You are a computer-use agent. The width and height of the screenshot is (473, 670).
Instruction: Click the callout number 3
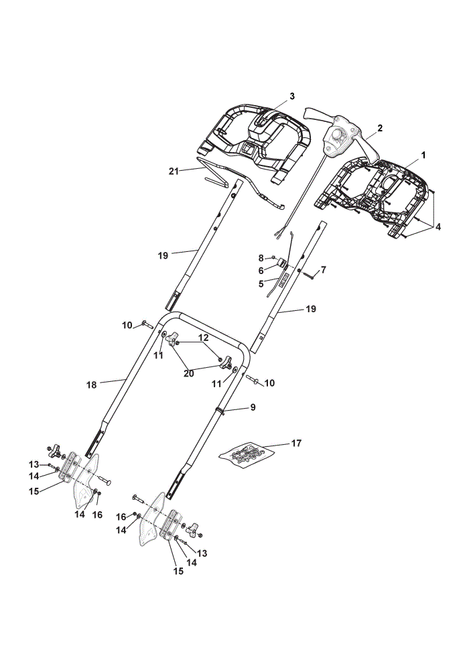point(292,96)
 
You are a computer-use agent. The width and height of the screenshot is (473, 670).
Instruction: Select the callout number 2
point(380,128)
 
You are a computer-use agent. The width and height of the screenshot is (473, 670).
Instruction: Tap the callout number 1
point(423,155)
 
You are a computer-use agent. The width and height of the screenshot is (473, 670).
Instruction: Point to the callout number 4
point(437,226)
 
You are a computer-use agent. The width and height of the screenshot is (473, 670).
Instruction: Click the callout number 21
point(173,172)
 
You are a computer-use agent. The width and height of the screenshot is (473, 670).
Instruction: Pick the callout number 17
point(296,443)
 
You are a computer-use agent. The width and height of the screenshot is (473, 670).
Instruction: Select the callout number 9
point(253,407)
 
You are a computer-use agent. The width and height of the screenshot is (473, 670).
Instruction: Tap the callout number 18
point(91,385)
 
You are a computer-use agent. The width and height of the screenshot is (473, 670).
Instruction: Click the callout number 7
point(323,269)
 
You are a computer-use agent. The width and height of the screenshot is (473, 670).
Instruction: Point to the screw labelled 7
point(309,276)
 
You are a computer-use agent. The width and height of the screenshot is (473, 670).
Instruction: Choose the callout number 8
point(261,258)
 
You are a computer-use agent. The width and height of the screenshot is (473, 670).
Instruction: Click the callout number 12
point(204,337)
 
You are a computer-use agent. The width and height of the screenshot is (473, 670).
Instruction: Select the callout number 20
point(188,373)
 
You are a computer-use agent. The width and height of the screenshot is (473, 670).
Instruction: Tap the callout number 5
point(261,283)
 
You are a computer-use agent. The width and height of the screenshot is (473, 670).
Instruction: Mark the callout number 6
point(261,271)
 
